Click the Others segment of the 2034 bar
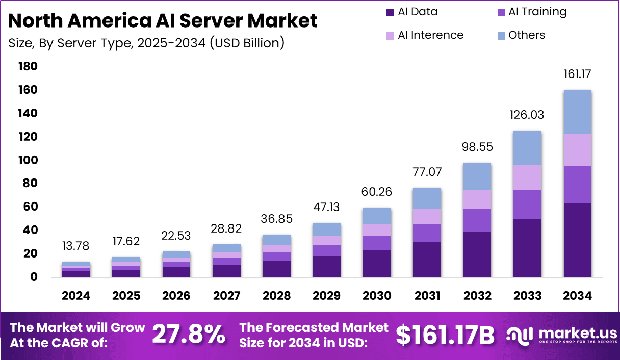pos(577,112)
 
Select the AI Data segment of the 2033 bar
pos(527,248)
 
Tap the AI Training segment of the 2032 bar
pos(477,220)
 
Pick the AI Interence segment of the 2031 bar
pos(427,216)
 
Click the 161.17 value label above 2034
pos(578,74)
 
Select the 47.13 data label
pos(327,208)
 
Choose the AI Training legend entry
pos(530,12)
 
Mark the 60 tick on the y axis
pos(30,207)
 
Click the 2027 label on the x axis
pos(226,296)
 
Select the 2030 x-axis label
pos(376,296)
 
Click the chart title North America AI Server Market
pos(163,20)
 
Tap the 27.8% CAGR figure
pos(189,335)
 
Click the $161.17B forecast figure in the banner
pos(446,335)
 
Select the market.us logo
pos(561,335)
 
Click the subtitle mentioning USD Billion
pos(146,43)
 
